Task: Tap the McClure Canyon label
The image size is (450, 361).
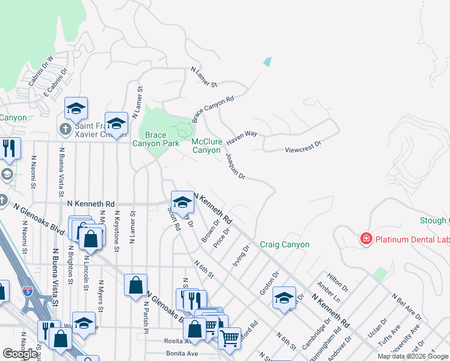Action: point(206,146)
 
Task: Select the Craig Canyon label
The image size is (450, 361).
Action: point(285,245)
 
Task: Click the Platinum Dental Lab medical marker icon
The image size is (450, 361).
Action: point(365,239)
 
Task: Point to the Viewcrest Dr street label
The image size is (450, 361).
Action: point(303,144)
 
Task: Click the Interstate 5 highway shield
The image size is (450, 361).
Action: point(27,291)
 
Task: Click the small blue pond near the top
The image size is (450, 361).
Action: point(267,61)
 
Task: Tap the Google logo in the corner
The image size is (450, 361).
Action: point(20,354)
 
